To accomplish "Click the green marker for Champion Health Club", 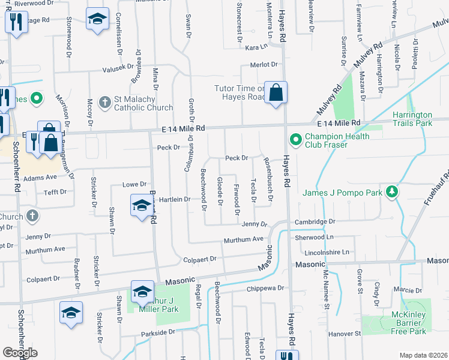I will click(x=295, y=140).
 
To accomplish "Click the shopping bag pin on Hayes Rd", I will click(x=276, y=92).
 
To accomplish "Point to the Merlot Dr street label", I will click(x=265, y=65).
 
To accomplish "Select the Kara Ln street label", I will click(x=255, y=46).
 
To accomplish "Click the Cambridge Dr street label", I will click(x=315, y=221).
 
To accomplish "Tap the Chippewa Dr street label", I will click(x=265, y=288).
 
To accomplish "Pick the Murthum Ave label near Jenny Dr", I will click(x=244, y=239).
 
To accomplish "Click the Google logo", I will click(x=20, y=353).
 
